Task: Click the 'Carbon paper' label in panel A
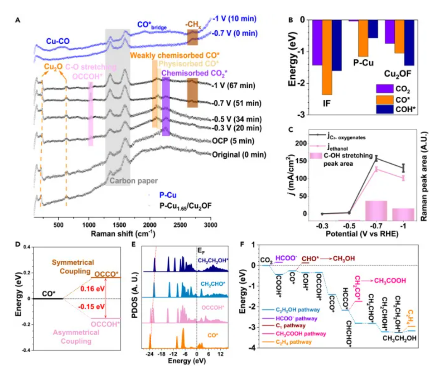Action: click(134, 180)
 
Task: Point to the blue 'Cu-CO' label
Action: click(58, 41)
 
